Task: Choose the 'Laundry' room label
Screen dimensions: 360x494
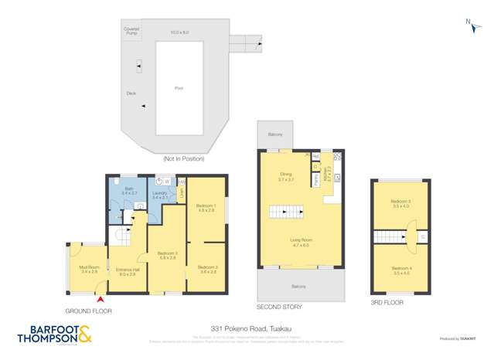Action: [x=160, y=195]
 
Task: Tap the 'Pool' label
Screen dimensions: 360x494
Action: [x=179, y=89]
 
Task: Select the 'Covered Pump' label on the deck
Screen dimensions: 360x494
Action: [x=131, y=31]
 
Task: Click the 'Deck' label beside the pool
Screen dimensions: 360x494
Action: [x=131, y=93]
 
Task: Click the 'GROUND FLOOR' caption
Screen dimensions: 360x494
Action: [x=89, y=311]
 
